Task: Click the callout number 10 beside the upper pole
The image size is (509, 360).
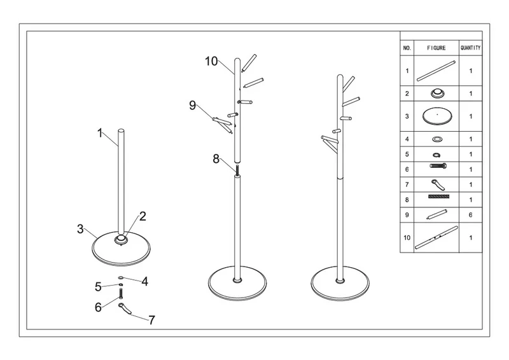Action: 211,61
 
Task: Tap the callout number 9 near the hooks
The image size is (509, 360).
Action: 193,105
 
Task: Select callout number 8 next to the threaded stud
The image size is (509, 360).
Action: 216,159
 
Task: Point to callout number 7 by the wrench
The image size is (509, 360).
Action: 151,320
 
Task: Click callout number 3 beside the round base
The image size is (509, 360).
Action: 80,229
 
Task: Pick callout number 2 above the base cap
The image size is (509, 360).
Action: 143,216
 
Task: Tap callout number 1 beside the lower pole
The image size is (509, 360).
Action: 100,133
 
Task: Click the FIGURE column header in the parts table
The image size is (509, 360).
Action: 436,48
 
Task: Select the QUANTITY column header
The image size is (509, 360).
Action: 470,48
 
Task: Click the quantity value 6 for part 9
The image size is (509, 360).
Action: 470,215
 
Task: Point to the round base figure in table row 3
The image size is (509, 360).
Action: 437,116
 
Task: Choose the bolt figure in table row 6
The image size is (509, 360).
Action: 438,166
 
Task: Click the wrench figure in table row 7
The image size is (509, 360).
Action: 438,184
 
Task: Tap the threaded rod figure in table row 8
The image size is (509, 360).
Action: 438,197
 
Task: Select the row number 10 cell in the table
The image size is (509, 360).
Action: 407,238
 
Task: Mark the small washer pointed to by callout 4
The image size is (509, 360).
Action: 121,278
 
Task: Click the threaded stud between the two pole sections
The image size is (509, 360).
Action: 237,170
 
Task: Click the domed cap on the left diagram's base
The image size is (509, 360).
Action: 121,240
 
